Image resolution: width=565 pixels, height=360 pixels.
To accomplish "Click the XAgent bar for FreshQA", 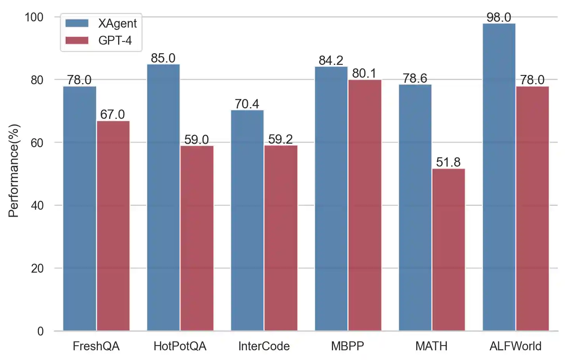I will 80,209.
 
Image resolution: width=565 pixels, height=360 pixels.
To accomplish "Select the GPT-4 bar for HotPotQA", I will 197,238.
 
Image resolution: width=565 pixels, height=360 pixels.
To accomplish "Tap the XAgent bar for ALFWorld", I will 499,177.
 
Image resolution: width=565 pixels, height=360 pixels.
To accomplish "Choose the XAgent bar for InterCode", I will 247,220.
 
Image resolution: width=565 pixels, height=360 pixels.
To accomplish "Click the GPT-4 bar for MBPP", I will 364,205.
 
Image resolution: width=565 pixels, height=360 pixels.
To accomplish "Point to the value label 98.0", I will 499,17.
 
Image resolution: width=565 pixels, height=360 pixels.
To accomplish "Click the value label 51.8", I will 448,162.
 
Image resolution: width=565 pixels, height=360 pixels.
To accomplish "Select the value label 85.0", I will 163,58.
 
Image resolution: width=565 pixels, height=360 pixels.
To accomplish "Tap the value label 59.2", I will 281,139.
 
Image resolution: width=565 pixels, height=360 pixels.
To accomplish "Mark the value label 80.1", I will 364,73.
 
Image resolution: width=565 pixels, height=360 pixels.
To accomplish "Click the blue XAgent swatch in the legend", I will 77,23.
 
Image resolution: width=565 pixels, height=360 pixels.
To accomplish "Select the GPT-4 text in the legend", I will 115,40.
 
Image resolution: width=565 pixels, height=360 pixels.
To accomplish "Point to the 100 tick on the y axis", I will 34,17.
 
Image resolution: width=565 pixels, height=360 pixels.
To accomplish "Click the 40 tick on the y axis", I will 37,205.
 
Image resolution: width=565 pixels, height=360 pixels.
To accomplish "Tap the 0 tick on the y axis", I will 40,331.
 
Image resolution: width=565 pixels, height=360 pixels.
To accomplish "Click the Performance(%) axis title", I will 14,171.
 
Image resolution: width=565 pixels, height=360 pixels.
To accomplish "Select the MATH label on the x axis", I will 431,346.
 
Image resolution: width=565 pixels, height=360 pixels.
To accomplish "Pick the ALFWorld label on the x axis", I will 515,346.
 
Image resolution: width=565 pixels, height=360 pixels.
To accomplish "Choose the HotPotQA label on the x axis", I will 180,346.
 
